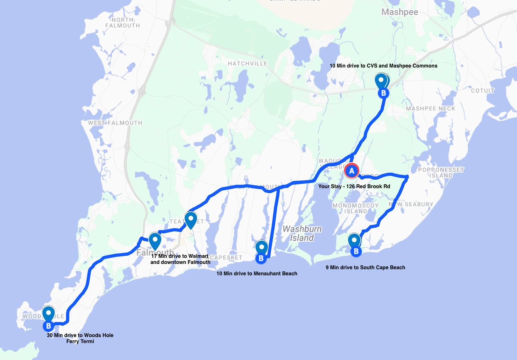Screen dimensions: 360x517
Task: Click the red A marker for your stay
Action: (351, 171)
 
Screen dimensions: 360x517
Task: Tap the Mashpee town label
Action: (399, 12)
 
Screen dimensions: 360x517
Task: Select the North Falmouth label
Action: (123, 23)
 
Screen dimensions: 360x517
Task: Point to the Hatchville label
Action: (247, 63)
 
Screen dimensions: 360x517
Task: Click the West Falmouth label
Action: (115, 123)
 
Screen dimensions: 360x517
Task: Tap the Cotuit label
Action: (482, 91)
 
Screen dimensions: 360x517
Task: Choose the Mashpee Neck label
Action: (430, 108)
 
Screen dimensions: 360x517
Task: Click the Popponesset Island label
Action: (441, 173)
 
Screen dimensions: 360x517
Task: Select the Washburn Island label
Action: (302, 233)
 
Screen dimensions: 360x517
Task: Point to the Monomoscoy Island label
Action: (355, 208)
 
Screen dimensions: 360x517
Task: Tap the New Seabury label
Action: (411, 204)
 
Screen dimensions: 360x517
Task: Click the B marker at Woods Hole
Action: (48, 326)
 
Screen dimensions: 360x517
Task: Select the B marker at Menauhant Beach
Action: (261, 258)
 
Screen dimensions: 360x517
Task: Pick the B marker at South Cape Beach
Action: (356, 251)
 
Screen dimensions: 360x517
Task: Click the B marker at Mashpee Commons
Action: (383, 93)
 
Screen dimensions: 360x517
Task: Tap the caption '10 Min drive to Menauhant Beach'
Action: (257, 273)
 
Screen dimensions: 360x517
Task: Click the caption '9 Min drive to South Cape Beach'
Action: (365, 267)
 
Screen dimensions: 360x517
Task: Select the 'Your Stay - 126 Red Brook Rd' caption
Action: (354, 186)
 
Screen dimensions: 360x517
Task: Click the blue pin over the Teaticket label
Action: (191, 220)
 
